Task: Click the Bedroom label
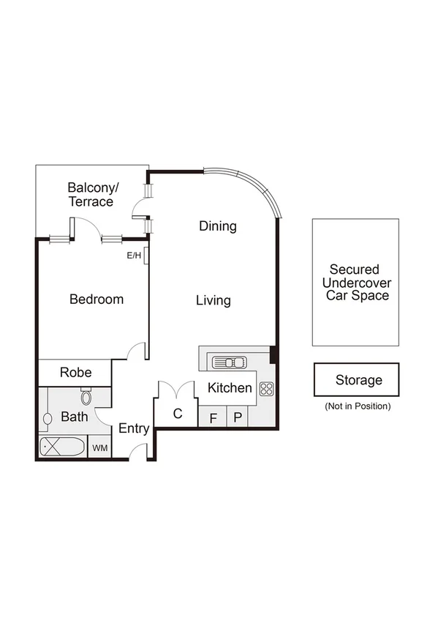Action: click(97, 299)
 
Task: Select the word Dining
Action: click(218, 226)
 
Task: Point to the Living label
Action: click(214, 300)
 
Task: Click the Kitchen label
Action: click(230, 388)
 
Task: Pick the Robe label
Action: click(75, 372)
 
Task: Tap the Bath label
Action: click(74, 417)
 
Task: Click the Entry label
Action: click(134, 429)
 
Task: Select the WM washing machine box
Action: click(99, 447)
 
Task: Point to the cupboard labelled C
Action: click(177, 414)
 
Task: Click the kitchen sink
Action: click(230, 362)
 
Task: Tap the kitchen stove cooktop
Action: click(266, 389)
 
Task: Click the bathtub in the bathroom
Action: click(61, 447)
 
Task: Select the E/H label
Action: click(134, 256)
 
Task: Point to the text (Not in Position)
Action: click(357, 406)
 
